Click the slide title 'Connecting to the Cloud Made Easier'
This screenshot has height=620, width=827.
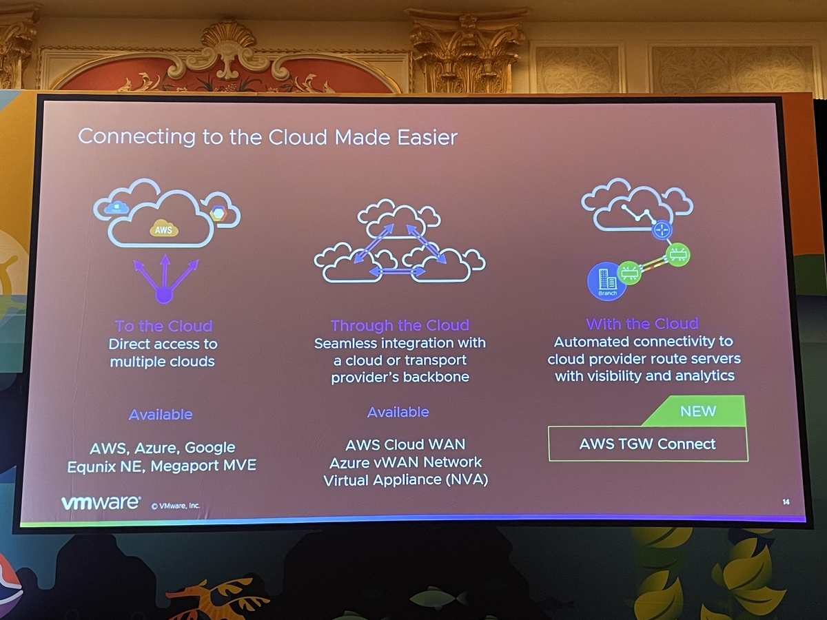coord(267,136)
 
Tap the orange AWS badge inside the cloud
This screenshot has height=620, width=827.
coord(163,230)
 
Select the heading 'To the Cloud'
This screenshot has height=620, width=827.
coord(163,326)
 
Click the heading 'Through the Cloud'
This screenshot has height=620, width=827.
coord(400,325)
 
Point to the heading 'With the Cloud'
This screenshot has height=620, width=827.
coord(642,324)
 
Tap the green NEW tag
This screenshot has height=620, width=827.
coord(697,411)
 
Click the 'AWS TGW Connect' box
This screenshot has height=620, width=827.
coord(647,444)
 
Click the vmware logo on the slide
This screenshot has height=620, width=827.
coord(101,503)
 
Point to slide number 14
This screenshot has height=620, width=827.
coord(786,502)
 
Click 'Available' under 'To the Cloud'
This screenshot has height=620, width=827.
coord(161,415)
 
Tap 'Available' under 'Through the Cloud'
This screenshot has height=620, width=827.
coord(398,412)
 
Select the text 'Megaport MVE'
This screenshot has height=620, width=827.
coord(203,466)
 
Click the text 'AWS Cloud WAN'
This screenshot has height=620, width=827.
coord(405,444)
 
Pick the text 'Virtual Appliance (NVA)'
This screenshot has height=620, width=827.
coord(405,479)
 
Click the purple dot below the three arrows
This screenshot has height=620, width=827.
coord(163,296)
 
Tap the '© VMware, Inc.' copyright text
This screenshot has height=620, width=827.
coord(176,505)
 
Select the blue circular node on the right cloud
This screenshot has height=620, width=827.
coord(662,230)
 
